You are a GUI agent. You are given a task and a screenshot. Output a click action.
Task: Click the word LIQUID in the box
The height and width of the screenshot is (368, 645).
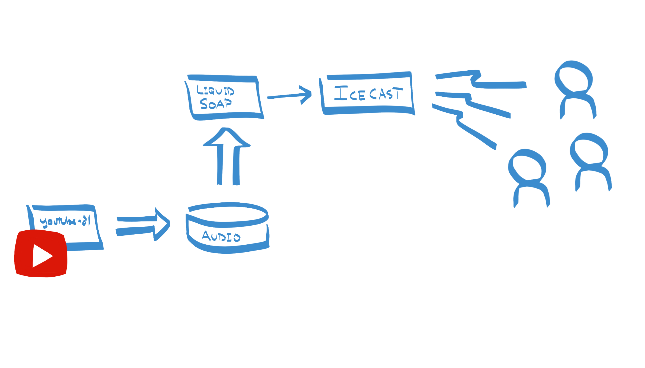point(215,91)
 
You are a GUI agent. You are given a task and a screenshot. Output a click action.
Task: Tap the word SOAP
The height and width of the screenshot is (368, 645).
point(216,104)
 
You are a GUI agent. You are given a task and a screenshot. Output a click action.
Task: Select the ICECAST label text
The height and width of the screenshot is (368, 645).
point(368,94)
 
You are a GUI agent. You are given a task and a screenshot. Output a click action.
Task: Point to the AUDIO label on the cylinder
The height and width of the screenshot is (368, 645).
point(221,237)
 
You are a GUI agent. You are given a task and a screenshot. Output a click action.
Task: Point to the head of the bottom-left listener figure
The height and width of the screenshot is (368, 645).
point(527,165)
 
